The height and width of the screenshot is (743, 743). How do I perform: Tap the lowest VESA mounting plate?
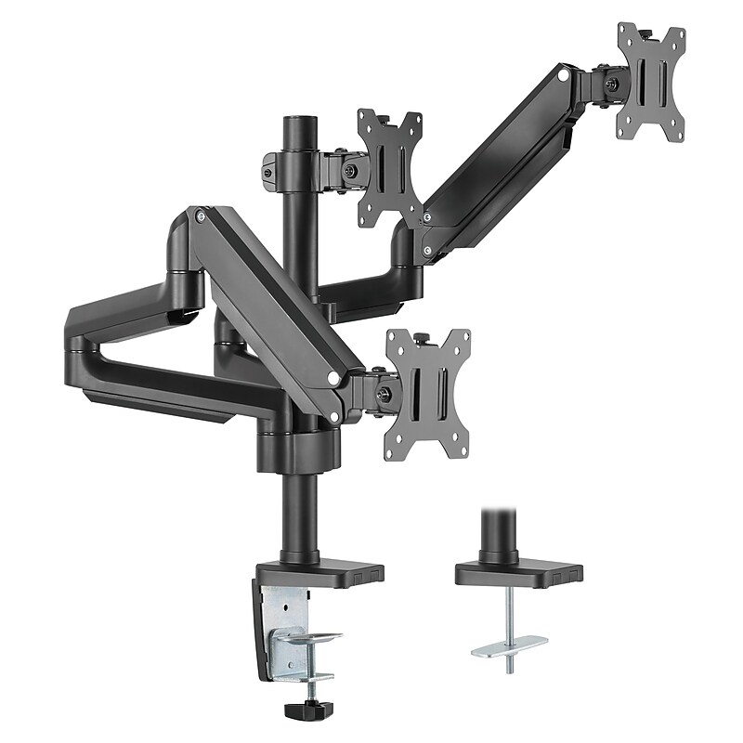428,395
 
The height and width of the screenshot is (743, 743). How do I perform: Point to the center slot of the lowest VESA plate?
430,396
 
